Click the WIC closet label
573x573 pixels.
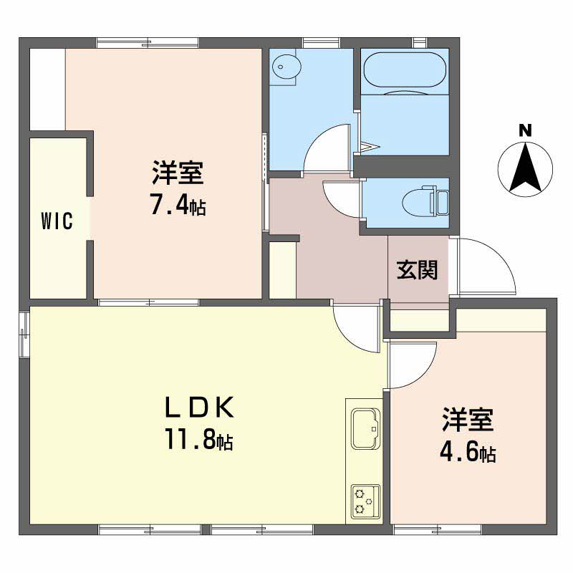(x=57, y=221)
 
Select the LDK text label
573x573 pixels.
(x=199, y=408)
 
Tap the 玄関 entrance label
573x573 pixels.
(x=417, y=270)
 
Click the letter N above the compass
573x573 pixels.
(x=525, y=130)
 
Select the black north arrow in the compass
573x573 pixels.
(x=525, y=168)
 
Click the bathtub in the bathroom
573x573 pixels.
(x=405, y=69)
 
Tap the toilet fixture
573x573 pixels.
(x=425, y=201)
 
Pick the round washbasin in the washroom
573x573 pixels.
(x=286, y=67)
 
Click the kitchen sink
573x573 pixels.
(x=365, y=428)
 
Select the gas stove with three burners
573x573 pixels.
(x=365, y=501)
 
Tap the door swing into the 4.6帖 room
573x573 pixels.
(x=413, y=365)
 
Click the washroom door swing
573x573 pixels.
(x=327, y=148)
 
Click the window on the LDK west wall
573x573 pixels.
(x=24, y=334)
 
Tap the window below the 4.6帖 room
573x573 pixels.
(x=438, y=529)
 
